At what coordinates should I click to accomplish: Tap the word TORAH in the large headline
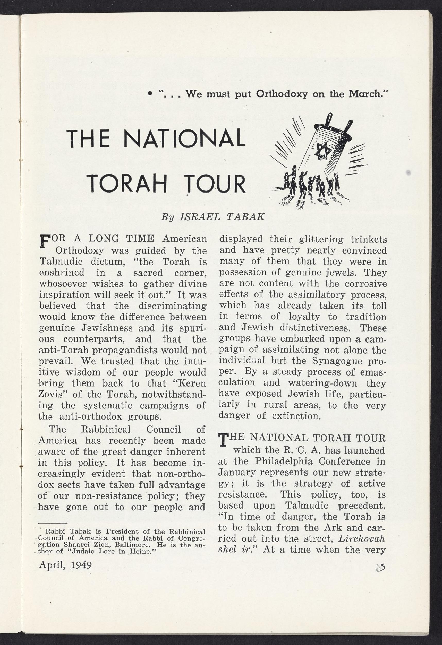[128, 184]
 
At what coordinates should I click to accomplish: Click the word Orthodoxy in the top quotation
[282, 94]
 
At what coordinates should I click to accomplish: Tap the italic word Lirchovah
[362, 539]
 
